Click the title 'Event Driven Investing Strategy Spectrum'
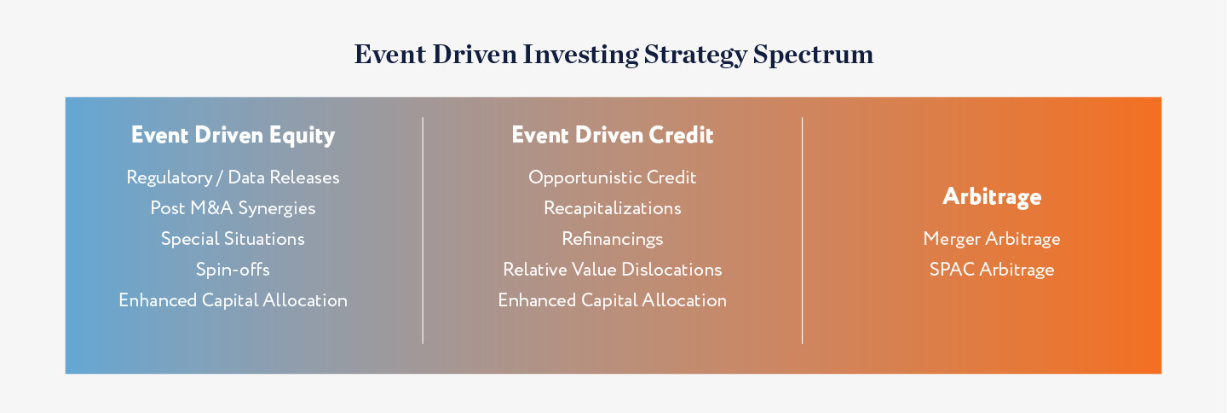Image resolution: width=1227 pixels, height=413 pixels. (613, 55)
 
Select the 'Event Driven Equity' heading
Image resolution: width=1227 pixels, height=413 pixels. (233, 136)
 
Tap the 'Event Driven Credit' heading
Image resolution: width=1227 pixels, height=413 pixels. (613, 135)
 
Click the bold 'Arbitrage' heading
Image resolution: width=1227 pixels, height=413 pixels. (992, 197)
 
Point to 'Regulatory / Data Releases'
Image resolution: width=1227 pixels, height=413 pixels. (233, 177)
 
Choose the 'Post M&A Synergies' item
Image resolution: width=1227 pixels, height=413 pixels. (233, 208)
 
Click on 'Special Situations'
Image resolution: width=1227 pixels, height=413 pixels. (233, 239)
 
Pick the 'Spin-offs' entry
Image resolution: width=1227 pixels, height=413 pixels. (233, 270)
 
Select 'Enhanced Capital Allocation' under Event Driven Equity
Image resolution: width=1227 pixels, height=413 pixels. (233, 300)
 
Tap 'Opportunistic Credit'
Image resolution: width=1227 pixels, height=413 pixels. (613, 177)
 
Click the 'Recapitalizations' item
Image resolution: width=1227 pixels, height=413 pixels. (613, 208)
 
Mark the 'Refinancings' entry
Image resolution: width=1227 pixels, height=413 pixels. (613, 239)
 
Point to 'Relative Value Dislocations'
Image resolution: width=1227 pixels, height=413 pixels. (613, 270)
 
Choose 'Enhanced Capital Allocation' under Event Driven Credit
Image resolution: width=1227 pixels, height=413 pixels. (613, 300)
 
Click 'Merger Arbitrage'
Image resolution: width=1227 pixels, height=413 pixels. (992, 239)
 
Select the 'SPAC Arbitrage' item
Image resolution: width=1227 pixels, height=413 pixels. (992, 270)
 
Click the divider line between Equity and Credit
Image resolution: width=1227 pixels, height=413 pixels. (423, 230)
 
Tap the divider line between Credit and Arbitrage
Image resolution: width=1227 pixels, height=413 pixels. (802, 230)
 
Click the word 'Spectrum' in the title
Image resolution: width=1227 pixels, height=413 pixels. (814, 55)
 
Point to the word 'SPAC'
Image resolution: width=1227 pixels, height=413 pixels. (952, 270)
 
